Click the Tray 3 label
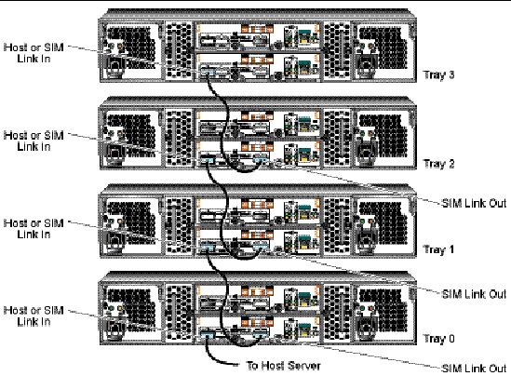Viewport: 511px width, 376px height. (x=438, y=75)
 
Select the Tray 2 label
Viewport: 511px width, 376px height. (x=438, y=164)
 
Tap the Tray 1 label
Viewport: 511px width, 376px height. (x=438, y=249)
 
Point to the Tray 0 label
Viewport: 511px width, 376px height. (x=438, y=339)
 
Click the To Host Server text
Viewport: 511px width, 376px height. (x=284, y=366)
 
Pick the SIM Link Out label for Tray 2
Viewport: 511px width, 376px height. (x=474, y=203)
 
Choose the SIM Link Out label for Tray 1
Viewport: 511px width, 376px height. (x=474, y=294)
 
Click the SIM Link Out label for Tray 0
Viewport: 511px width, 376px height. (x=474, y=369)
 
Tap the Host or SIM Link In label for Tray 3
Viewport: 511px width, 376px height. (x=34, y=53)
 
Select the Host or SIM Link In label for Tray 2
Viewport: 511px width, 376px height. (x=34, y=141)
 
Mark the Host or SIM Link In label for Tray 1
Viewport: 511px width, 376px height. (x=34, y=229)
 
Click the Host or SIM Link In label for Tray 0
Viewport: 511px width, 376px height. (x=34, y=316)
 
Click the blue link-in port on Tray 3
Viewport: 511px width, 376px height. (x=208, y=73)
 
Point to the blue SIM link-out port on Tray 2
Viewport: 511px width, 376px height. (x=261, y=160)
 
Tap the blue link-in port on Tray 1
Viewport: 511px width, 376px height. (x=208, y=248)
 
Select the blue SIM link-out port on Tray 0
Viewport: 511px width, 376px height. (x=261, y=334)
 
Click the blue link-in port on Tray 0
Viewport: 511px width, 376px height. (x=208, y=334)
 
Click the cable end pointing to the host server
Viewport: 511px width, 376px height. (x=237, y=365)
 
